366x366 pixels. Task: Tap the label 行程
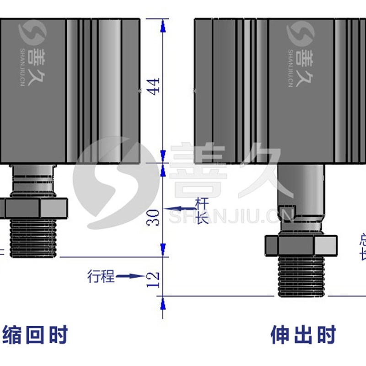coord(100,276)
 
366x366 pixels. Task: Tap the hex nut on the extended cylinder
coord(302,246)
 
